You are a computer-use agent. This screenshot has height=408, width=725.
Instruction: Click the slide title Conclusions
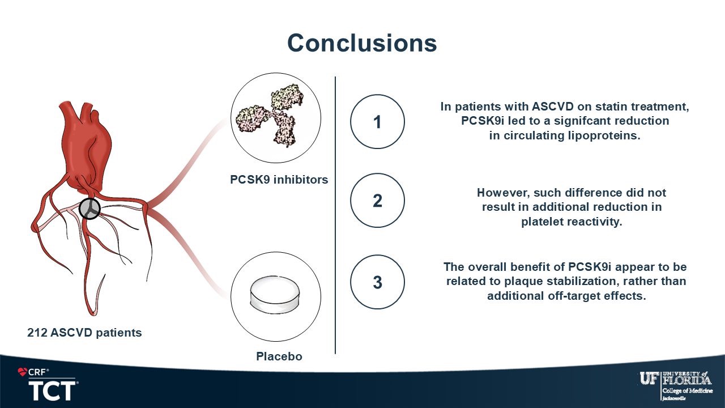362,43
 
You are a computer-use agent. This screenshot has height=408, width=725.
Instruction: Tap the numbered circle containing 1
377,122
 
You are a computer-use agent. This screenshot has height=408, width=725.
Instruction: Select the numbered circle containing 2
377,201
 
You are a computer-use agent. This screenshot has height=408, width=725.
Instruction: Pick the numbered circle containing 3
377,282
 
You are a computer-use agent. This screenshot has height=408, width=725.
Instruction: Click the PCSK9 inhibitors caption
279,180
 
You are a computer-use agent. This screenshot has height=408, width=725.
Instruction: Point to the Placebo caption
279,356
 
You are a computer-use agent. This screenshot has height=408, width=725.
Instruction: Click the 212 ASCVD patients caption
84,333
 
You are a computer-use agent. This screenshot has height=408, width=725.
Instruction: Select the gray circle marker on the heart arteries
89,209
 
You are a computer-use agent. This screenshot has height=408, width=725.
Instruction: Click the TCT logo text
52,390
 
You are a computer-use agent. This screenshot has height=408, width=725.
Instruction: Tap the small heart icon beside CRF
23,372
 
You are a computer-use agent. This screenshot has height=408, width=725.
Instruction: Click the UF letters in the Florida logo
649,379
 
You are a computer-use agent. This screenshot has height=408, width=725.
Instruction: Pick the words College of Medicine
687,390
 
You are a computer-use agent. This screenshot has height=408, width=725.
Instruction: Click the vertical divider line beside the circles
335,215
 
